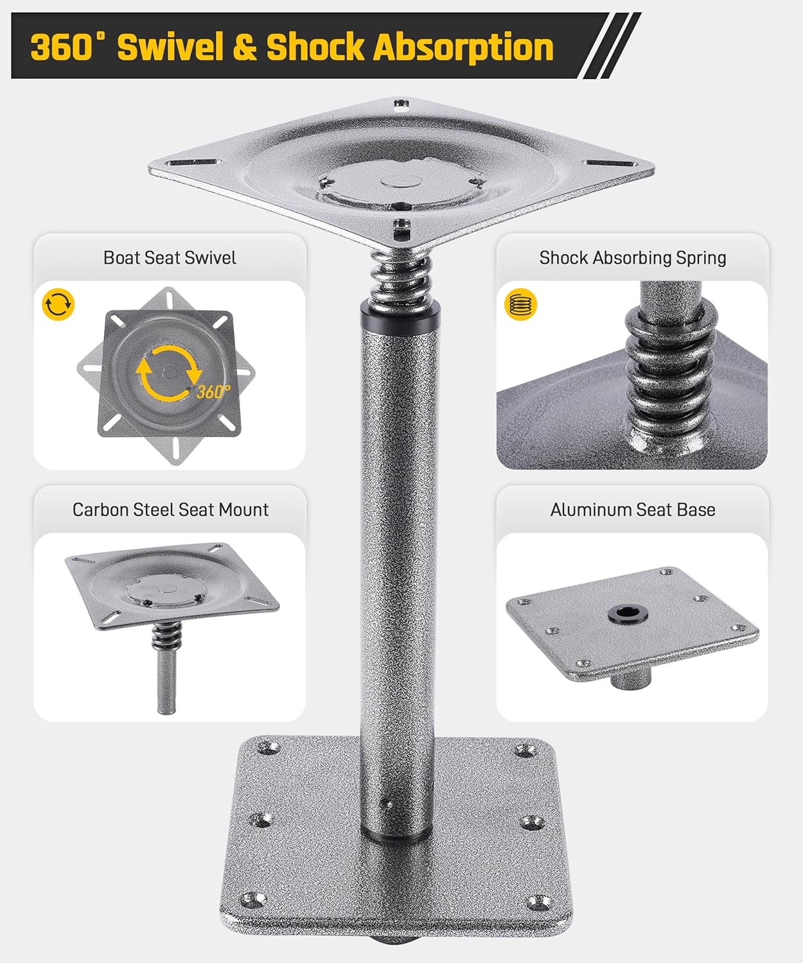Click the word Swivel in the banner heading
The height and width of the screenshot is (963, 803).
click(x=170, y=47)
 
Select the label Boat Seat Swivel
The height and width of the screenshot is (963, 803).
click(x=170, y=258)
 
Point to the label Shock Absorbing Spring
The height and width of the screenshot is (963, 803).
click(x=633, y=258)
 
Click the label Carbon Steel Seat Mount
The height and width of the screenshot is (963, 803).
click(x=170, y=510)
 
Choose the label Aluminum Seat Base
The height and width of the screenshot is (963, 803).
click(x=633, y=510)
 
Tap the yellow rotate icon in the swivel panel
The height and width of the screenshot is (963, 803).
click(x=58, y=304)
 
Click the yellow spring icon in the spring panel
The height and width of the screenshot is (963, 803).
click(x=520, y=304)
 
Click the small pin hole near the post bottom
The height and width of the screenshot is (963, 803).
click(x=387, y=802)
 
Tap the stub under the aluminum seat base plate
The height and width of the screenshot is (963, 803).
click(x=630, y=677)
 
